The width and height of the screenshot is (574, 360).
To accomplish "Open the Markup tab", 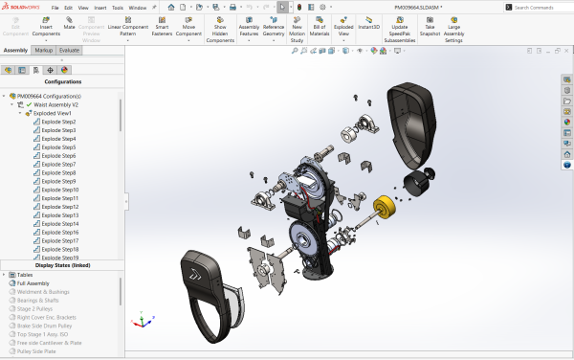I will (x=43, y=49).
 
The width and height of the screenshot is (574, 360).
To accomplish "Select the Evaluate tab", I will (x=70, y=49).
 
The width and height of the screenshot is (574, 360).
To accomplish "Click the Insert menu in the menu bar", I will (x=100, y=7).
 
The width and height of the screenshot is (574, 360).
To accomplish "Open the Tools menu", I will (x=117, y=7).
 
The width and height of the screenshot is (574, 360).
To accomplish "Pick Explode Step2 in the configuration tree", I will (x=58, y=122).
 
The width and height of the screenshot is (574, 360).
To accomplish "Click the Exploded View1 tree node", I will (x=54, y=113).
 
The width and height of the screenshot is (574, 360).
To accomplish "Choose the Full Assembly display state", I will (x=33, y=283).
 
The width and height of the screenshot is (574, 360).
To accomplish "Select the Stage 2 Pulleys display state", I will (x=36, y=308).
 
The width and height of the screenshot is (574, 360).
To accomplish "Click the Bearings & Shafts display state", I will (x=39, y=300).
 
